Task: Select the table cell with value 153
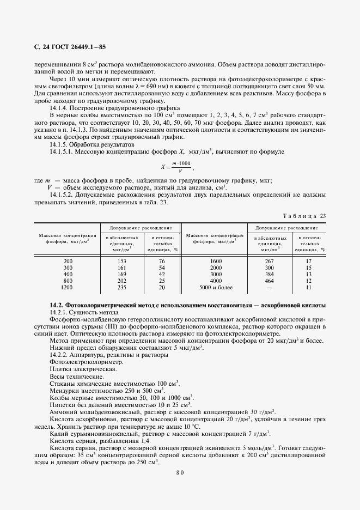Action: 121,261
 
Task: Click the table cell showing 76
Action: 162,261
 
